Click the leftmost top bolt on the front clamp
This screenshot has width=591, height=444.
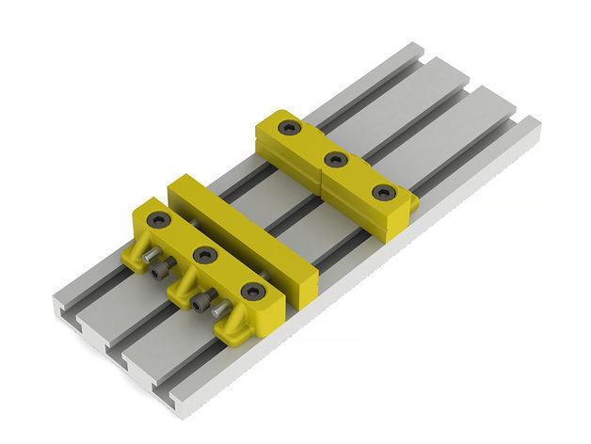[x=158, y=219]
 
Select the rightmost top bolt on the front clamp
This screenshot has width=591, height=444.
[x=252, y=292]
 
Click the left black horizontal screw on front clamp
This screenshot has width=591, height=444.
[x=159, y=271]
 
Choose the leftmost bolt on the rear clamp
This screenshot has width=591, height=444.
[x=290, y=126]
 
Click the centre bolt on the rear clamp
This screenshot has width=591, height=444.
[x=336, y=159]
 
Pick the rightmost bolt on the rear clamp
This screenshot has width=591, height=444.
[x=383, y=193]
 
